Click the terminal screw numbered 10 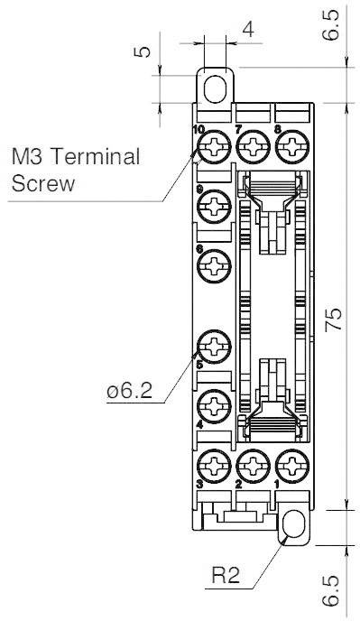click(x=215, y=146)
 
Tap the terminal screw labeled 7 click(x=254, y=146)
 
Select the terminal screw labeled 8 click(x=291, y=146)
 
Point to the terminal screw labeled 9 click(x=215, y=208)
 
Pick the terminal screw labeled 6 click(x=215, y=266)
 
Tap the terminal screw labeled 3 click(x=215, y=466)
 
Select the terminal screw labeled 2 click(x=254, y=466)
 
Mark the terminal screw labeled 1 click(x=291, y=466)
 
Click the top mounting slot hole click(x=215, y=88)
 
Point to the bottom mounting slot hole click(x=292, y=526)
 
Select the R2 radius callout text click(x=226, y=575)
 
